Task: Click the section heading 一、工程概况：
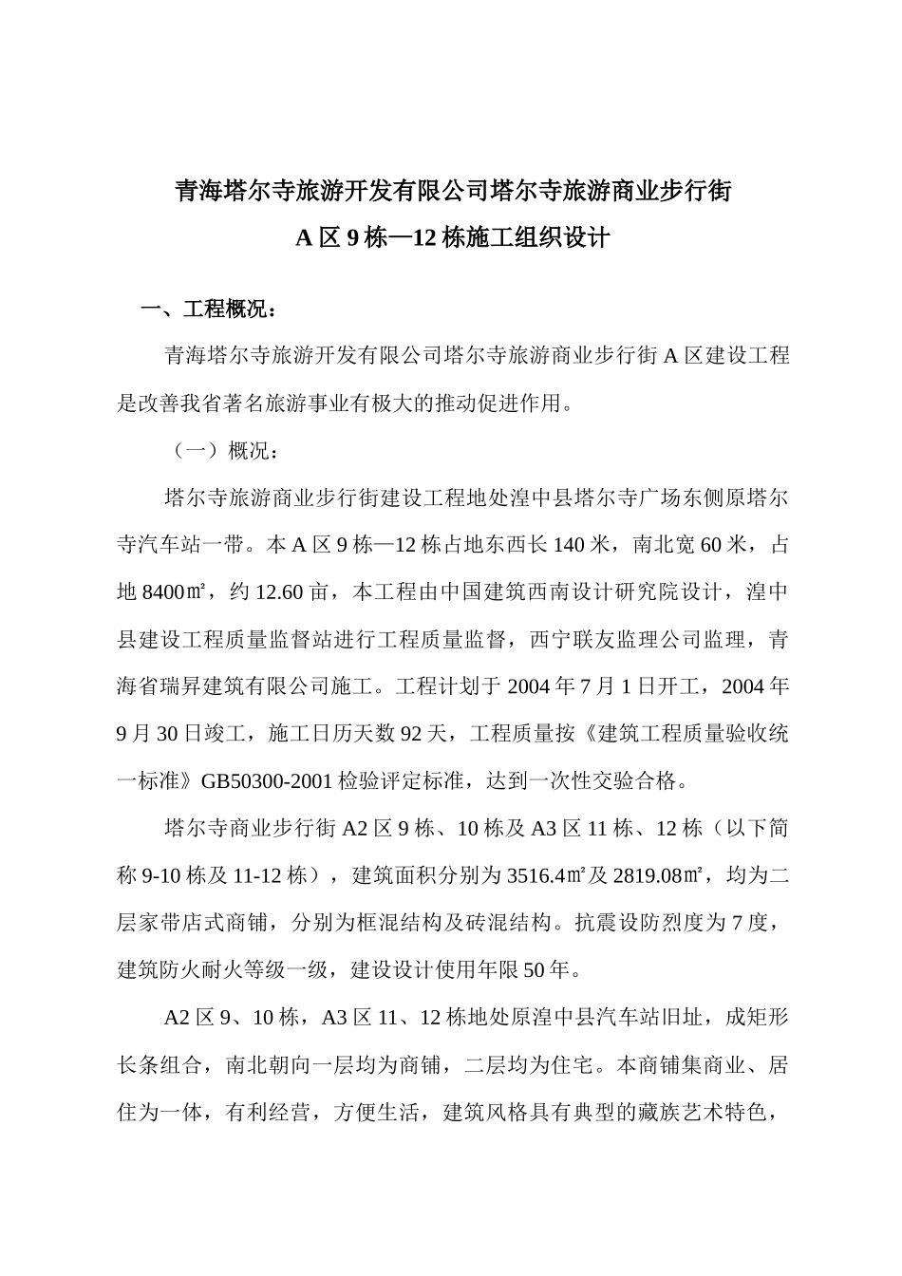pyautogui.click(x=209, y=310)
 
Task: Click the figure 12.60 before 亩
pyautogui.click(x=279, y=592)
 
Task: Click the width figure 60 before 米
pyautogui.click(x=709, y=545)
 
